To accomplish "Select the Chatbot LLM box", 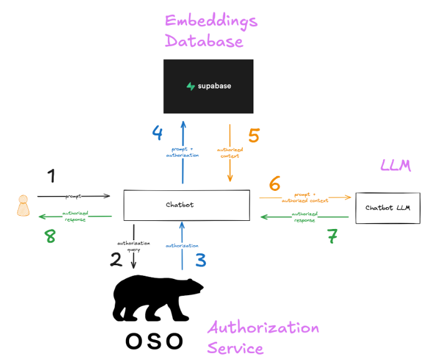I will coord(388,208).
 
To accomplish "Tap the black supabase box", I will coord(208,85).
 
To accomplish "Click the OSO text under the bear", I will coord(155,341).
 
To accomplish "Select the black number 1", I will coord(52,177).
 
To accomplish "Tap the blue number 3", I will coord(200,259).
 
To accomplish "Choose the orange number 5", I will coord(254,135).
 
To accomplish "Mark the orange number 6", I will coord(274,184).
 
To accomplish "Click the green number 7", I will coord(332,236).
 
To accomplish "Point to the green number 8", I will coord(49,236).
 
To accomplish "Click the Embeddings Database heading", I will coord(210,31).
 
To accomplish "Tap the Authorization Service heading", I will coord(263,337).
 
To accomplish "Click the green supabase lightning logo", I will coord(191,86).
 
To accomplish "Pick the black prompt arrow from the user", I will coord(74,197).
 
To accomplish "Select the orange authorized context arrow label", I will coord(230,152).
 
